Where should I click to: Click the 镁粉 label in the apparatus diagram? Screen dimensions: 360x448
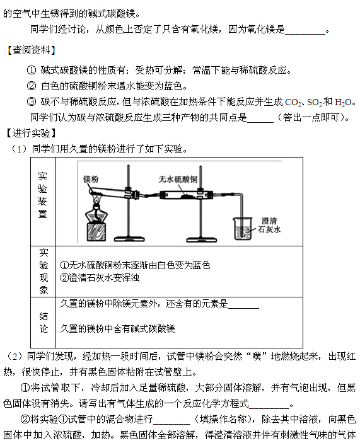pyautogui.click(x=91, y=179)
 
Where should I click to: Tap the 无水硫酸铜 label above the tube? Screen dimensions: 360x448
pyautogui.click(x=178, y=179)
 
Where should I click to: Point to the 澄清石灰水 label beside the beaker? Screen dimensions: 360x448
pyautogui.click(x=269, y=225)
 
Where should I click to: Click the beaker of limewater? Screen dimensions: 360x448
pyautogui.click(x=243, y=228)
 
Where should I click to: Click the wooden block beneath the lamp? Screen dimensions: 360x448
pyautogui.click(x=96, y=232)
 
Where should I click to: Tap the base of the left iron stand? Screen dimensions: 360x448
pyautogui.click(x=129, y=239)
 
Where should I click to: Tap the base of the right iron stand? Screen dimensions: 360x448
pyautogui.click(x=201, y=239)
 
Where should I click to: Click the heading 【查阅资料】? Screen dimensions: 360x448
pyautogui.click(x=31, y=50)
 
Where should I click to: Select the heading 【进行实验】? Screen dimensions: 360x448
pyautogui.click(x=31, y=133)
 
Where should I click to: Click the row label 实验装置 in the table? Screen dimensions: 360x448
pyautogui.click(x=43, y=195)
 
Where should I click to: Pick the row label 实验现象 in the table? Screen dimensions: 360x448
pyautogui.click(x=44, y=272)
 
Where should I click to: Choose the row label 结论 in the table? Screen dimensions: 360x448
pyautogui.click(x=44, y=323)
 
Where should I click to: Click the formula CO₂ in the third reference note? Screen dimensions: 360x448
pyautogui.click(x=293, y=102)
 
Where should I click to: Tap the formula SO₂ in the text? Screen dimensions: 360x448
pyautogui.click(x=314, y=102)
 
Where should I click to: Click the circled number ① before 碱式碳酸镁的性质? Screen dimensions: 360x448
pyautogui.click(x=32, y=70)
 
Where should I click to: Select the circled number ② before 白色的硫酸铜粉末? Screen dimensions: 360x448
pyautogui.click(x=32, y=86)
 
